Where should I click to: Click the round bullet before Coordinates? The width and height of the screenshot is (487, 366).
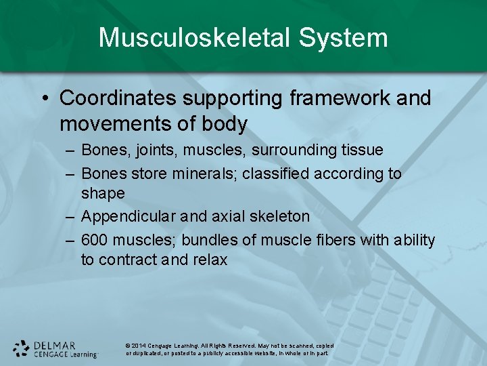[43, 99]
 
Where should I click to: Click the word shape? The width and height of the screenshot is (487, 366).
[103, 193]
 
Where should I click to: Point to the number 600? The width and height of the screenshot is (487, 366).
[94, 240]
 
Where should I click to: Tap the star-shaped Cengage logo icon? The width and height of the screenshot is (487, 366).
[22, 348]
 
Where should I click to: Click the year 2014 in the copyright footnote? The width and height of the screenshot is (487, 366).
[139, 346]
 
